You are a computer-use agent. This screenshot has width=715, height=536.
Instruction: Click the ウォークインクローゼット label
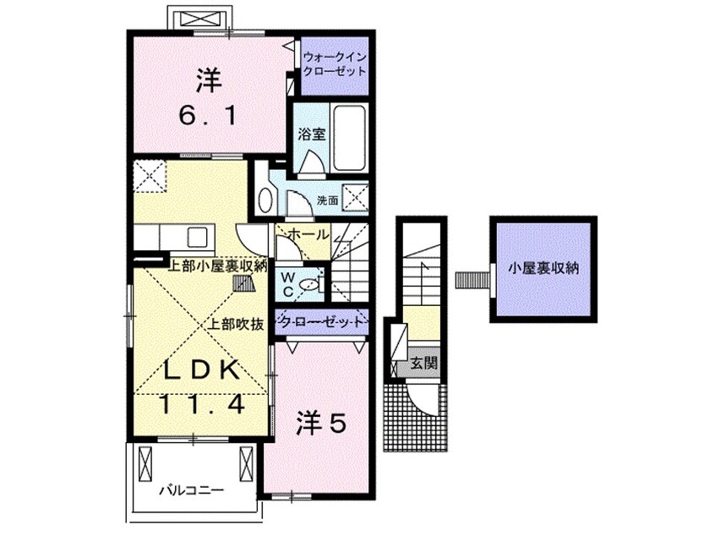[x=336, y=64]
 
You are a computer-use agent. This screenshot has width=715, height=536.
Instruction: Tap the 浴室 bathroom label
[x=312, y=134]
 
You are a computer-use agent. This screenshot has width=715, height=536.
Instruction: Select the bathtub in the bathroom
[x=349, y=137]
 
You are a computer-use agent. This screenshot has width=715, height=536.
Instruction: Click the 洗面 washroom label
[x=327, y=200]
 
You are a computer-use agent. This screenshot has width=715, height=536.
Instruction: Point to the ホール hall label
[x=308, y=234]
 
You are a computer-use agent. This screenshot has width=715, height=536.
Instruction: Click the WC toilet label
[x=288, y=284]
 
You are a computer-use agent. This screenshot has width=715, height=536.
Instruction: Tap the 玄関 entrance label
[x=424, y=364]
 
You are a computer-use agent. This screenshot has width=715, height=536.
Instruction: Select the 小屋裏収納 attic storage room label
[x=543, y=268]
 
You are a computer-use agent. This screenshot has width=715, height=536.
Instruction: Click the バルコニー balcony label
[x=192, y=491]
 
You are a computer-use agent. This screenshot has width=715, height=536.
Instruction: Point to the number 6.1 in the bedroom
[x=209, y=116]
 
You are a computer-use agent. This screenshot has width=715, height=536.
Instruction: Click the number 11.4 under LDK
[x=202, y=404]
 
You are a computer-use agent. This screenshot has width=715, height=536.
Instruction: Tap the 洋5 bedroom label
[x=321, y=424]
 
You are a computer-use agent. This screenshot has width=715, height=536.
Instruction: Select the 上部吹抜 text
[x=236, y=325]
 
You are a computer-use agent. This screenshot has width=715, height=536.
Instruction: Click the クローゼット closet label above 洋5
[x=322, y=321]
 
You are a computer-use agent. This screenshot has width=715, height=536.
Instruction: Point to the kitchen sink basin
[x=197, y=237]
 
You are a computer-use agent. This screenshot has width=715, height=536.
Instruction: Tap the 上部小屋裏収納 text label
[x=217, y=266]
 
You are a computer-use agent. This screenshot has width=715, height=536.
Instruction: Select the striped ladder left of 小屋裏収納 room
[x=473, y=280]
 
